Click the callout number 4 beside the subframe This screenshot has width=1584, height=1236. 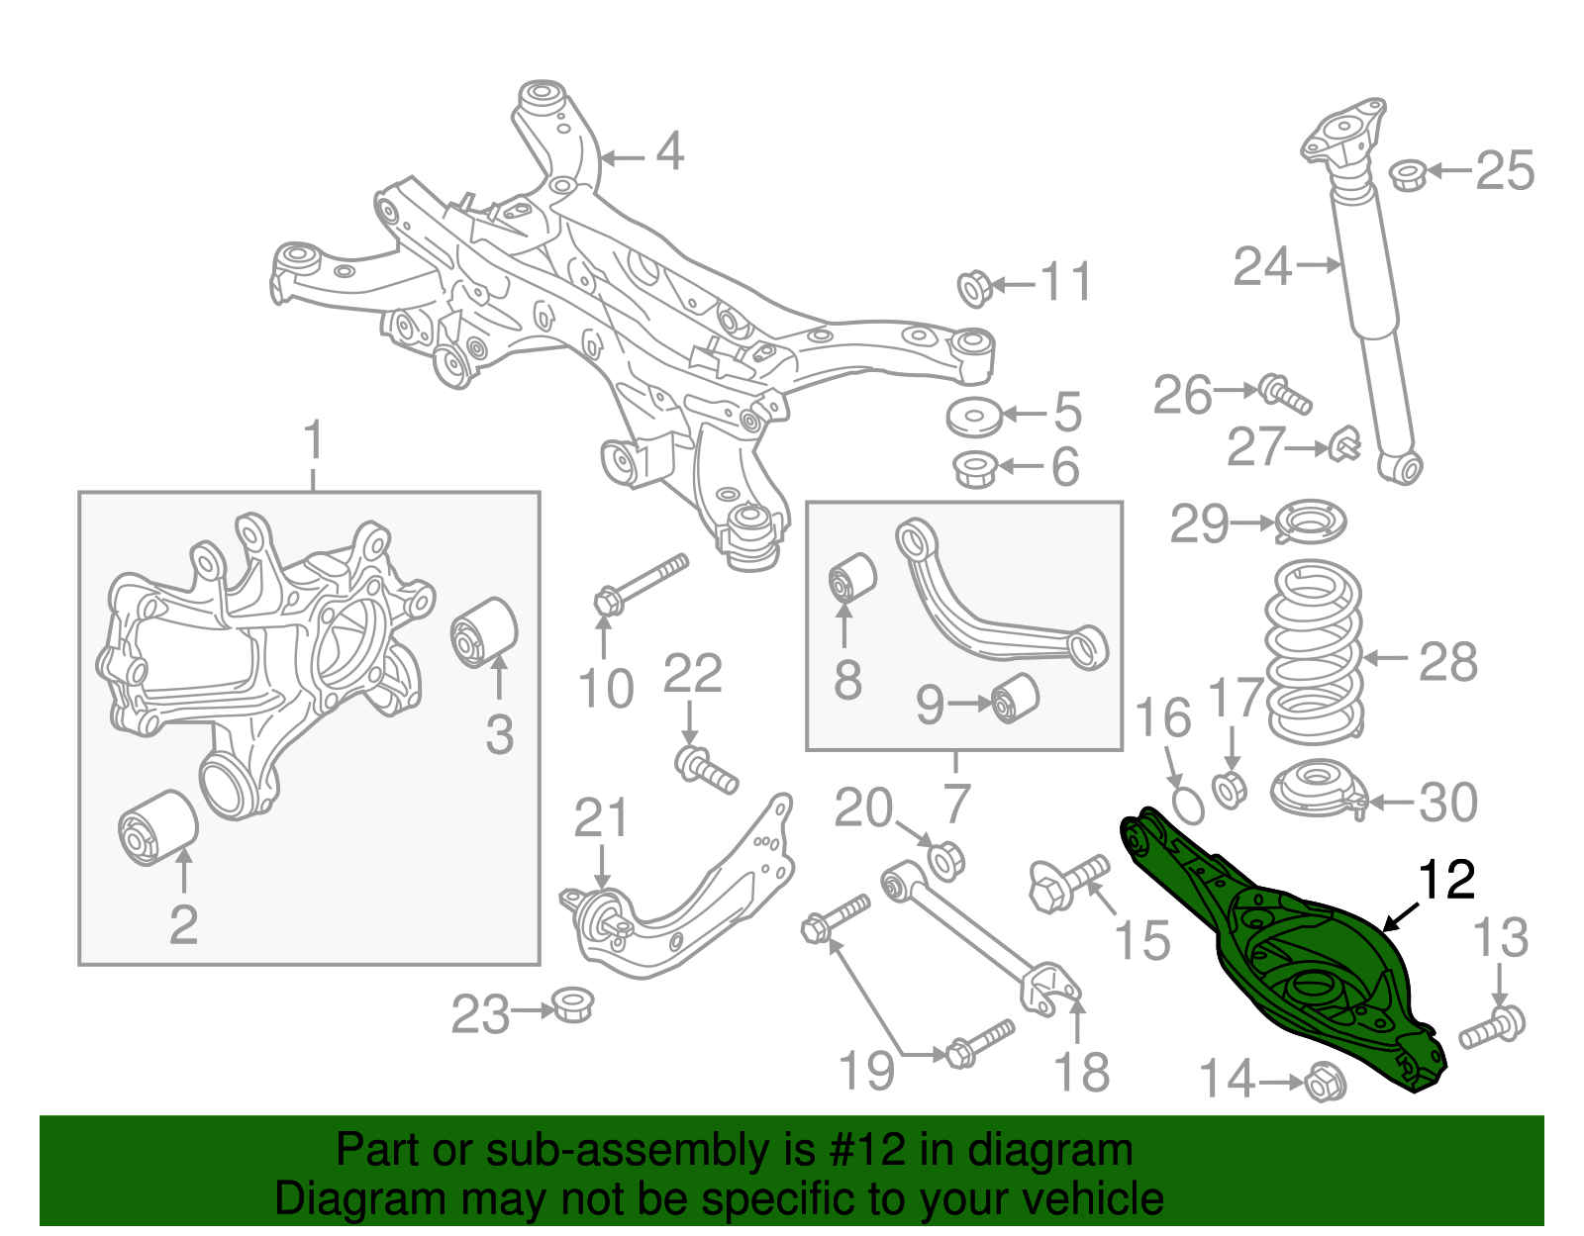670,152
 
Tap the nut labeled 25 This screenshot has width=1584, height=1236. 1406,176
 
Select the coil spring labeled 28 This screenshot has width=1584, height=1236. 1314,653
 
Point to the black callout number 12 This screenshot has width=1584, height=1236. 1446,879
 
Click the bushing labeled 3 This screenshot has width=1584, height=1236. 485,632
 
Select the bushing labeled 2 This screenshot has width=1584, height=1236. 157,827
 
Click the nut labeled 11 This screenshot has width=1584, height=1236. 975,287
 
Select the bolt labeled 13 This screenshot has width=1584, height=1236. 1494,1028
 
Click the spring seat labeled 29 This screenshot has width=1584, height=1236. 1310,522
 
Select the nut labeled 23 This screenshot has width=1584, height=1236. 571,1005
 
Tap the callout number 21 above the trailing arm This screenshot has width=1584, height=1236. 601,819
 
